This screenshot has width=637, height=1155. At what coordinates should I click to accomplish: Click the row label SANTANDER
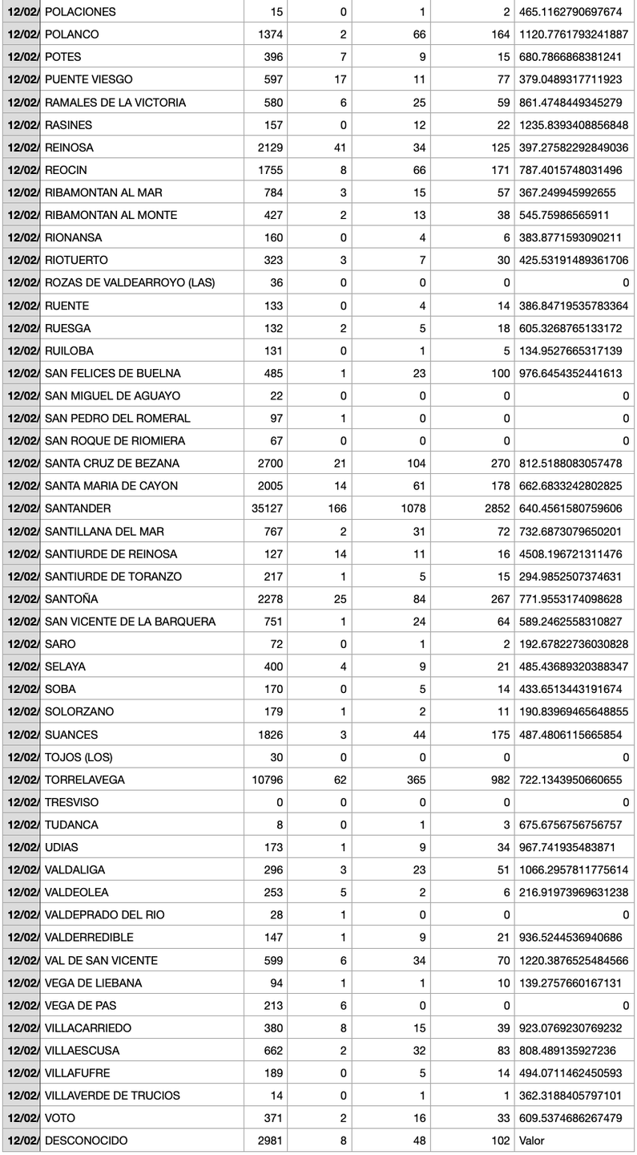(78, 509)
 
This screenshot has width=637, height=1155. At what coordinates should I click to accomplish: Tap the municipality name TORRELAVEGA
(84, 780)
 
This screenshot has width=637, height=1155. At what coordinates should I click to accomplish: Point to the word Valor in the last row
(532, 1141)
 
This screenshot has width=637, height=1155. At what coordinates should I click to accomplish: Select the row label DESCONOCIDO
(86, 1141)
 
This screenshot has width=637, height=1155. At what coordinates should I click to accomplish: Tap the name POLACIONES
(80, 12)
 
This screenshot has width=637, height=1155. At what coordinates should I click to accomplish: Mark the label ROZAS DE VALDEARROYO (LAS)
(130, 282)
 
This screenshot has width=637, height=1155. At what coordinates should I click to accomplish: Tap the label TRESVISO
(72, 802)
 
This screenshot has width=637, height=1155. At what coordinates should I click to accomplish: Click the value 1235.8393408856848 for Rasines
(574, 125)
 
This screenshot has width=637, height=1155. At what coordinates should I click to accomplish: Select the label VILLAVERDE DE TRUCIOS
(112, 1096)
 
